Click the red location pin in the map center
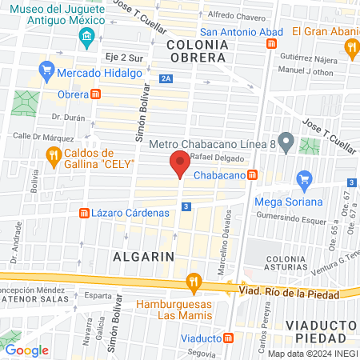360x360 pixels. pyautogui.click(x=180, y=166)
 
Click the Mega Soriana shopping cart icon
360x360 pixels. pyautogui.click(x=303, y=178)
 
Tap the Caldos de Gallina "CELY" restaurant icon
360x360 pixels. pyautogui.click(x=54, y=156)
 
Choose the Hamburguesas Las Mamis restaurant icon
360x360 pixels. pyautogui.click(x=193, y=282)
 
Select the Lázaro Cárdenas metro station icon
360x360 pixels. pyautogui.click(x=83, y=213)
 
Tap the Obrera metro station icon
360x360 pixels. pyautogui.click(x=96, y=94)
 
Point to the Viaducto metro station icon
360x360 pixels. pyautogui.click(x=229, y=338)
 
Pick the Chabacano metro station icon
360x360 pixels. pyautogui.click(x=252, y=174)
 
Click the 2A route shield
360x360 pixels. pyautogui.click(x=166, y=78)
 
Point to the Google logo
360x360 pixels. pyautogui.click(x=26, y=350)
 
